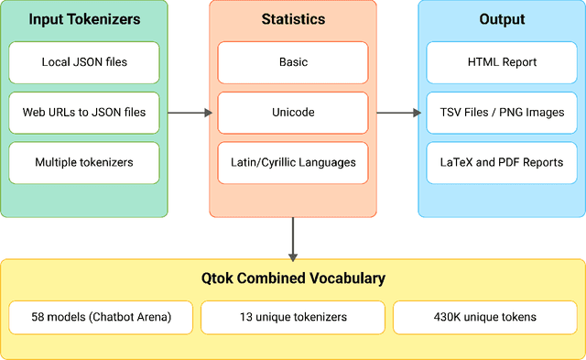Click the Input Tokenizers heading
(x=83, y=19)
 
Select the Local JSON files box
(x=83, y=62)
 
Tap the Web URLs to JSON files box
(x=83, y=113)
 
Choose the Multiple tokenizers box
(x=83, y=162)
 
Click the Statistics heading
(x=293, y=19)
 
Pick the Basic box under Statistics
(x=293, y=62)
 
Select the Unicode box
(x=293, y=113)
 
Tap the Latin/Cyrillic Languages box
(x=293, y=162)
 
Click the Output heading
(x=502, y=19)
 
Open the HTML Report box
(x=502, y=62)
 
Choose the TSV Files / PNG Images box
(x=502, y=113)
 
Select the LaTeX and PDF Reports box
(x=502, y=162)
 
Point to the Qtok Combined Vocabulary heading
(x=293, y=278)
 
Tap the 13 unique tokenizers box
(x=293, y=318)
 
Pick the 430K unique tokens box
(x=484, y=318)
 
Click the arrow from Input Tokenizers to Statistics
(x=190, y=113)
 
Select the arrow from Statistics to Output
(x=397, y=113)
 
